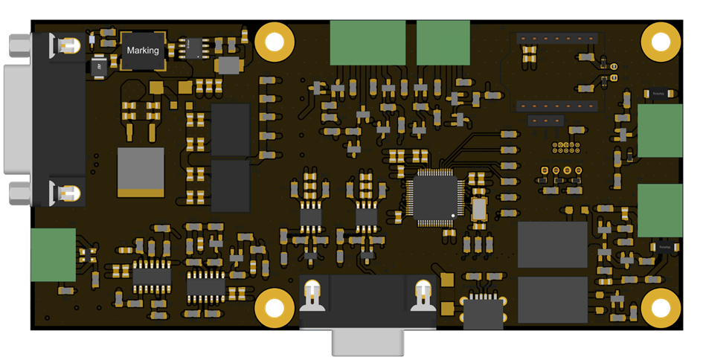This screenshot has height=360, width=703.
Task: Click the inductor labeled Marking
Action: tap(143, 51)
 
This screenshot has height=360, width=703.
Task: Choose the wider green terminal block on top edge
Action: tap(367, 42)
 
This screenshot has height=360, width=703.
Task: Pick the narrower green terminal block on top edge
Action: tap(443, 42)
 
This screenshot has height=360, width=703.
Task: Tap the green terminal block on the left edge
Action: tap(53, 254)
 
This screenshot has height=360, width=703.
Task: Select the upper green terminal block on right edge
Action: tap(660, 131)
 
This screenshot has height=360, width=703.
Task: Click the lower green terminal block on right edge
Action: tap(660, 210)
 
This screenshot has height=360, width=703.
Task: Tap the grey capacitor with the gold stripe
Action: tap(141, 173)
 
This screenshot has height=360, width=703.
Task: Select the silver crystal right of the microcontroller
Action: tap(478, 210)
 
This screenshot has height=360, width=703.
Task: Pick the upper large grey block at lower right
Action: tap(552, 244)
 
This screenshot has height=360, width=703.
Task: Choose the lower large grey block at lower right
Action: tap(552, 299)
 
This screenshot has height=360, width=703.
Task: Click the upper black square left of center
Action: tap(231, 129)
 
